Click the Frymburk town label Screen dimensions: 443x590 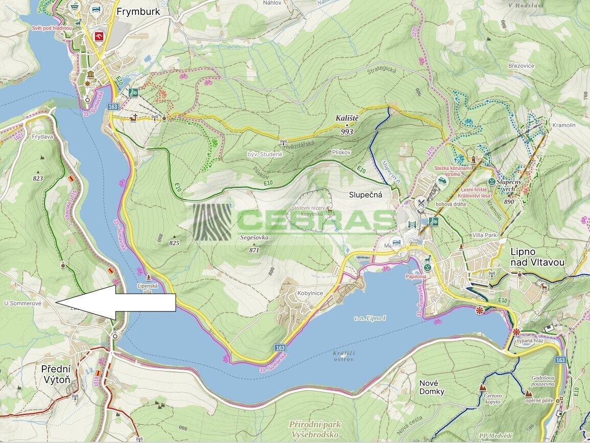(138, 11)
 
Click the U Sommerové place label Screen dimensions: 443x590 (22, 303)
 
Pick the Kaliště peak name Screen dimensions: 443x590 (347, 118)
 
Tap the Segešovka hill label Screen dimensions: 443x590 (254, 238)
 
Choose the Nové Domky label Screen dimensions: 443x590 (431, 387)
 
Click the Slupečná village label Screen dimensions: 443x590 (366, 195)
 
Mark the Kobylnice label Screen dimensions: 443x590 (311, 293)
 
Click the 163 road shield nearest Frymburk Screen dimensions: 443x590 (113, 106)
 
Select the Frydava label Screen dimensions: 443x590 (42, 137)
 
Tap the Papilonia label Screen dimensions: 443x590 (416, 276)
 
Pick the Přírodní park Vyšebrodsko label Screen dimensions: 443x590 (314, 429)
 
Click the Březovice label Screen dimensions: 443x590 (521, 65)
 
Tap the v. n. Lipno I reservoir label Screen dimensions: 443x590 (370, 318)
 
